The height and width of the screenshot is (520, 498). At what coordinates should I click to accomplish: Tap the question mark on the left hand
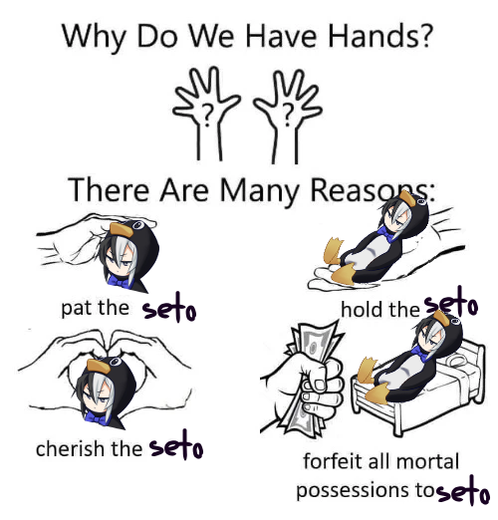click(x=208, y=116)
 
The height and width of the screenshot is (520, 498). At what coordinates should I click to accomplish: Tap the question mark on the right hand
click(x=288, y=115)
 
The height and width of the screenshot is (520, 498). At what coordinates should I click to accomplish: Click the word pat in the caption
click(x=73, y=309)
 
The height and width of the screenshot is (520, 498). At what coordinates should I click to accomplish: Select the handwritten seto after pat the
click(x=169, y=308)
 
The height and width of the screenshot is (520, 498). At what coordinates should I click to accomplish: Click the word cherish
click(x=70, y=448)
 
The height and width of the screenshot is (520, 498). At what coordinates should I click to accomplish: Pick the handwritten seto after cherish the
click(x=176, y=445)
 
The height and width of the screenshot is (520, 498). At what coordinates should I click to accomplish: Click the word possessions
click(x=353, y=491)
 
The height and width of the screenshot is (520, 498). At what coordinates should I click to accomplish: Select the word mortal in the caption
click(x=428, y=461)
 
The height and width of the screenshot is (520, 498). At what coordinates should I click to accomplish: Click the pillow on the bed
click(x=459, y=360)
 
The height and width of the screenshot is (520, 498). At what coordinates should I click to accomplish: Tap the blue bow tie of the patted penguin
click(x=119, y=281)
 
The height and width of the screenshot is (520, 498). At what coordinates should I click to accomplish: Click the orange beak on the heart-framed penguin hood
click(x=99, y=367)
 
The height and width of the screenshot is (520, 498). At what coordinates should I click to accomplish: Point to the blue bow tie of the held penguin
click(x=386, y=233)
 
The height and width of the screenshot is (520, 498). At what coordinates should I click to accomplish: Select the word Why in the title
click(x=94, y=37)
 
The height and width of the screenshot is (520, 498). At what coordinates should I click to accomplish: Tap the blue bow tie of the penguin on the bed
click(x=420, y=354)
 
